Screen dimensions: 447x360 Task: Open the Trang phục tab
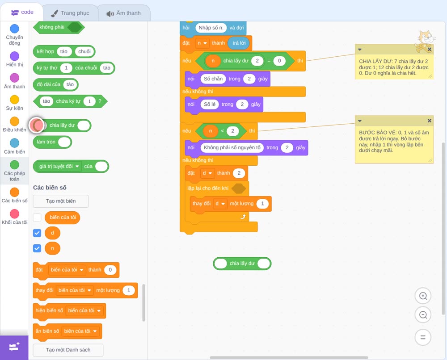tap(71, 13)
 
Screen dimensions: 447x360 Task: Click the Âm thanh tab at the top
tap(124, 13)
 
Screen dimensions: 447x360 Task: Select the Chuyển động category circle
tap(15, 29)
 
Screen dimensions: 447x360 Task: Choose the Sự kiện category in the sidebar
tap(15, 100)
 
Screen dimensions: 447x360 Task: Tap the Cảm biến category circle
tap(15, 143)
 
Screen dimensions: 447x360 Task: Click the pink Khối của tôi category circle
tap(15, 213)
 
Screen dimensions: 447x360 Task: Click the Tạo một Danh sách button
tap(68, 350)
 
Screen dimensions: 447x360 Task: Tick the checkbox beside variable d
tap(37, 233)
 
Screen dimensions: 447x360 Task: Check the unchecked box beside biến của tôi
tap(37, 218)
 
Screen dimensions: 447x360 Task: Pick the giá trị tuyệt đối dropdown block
tap(71, 166)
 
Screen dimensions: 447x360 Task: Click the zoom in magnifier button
tap(423, 296)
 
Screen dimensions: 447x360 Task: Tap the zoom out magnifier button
tap(423, 315)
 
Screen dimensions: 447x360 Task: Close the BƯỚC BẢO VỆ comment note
tap(429, 121)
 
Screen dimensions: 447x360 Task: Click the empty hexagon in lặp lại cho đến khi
tap(239, 188)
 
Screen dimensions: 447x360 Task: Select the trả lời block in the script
tap(239, 43)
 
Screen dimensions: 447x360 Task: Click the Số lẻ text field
tap(210, 104)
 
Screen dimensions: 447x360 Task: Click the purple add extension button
tap(14, 347)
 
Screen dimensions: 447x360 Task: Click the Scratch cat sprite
tap(425, 41)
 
